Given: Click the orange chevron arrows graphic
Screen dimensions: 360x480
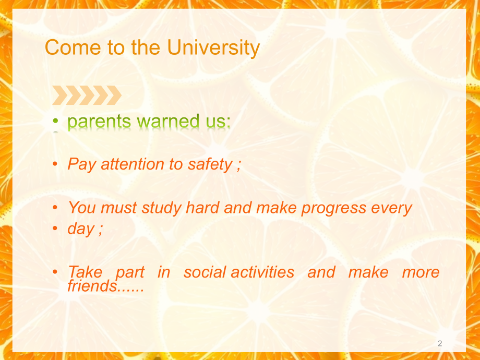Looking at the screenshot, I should coord(87,95).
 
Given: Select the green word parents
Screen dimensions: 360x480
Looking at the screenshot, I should coord(100,122).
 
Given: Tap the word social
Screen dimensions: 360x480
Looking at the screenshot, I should coord(205,272).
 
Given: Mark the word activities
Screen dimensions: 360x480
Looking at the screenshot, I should coord(262,272).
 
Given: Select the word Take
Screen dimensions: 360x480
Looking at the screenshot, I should coord(85,272).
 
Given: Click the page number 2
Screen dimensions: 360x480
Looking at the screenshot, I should coord(439,343).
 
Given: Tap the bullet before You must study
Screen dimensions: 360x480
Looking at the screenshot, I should coord(55,208).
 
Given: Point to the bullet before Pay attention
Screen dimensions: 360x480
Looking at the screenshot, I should coord(55,164).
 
